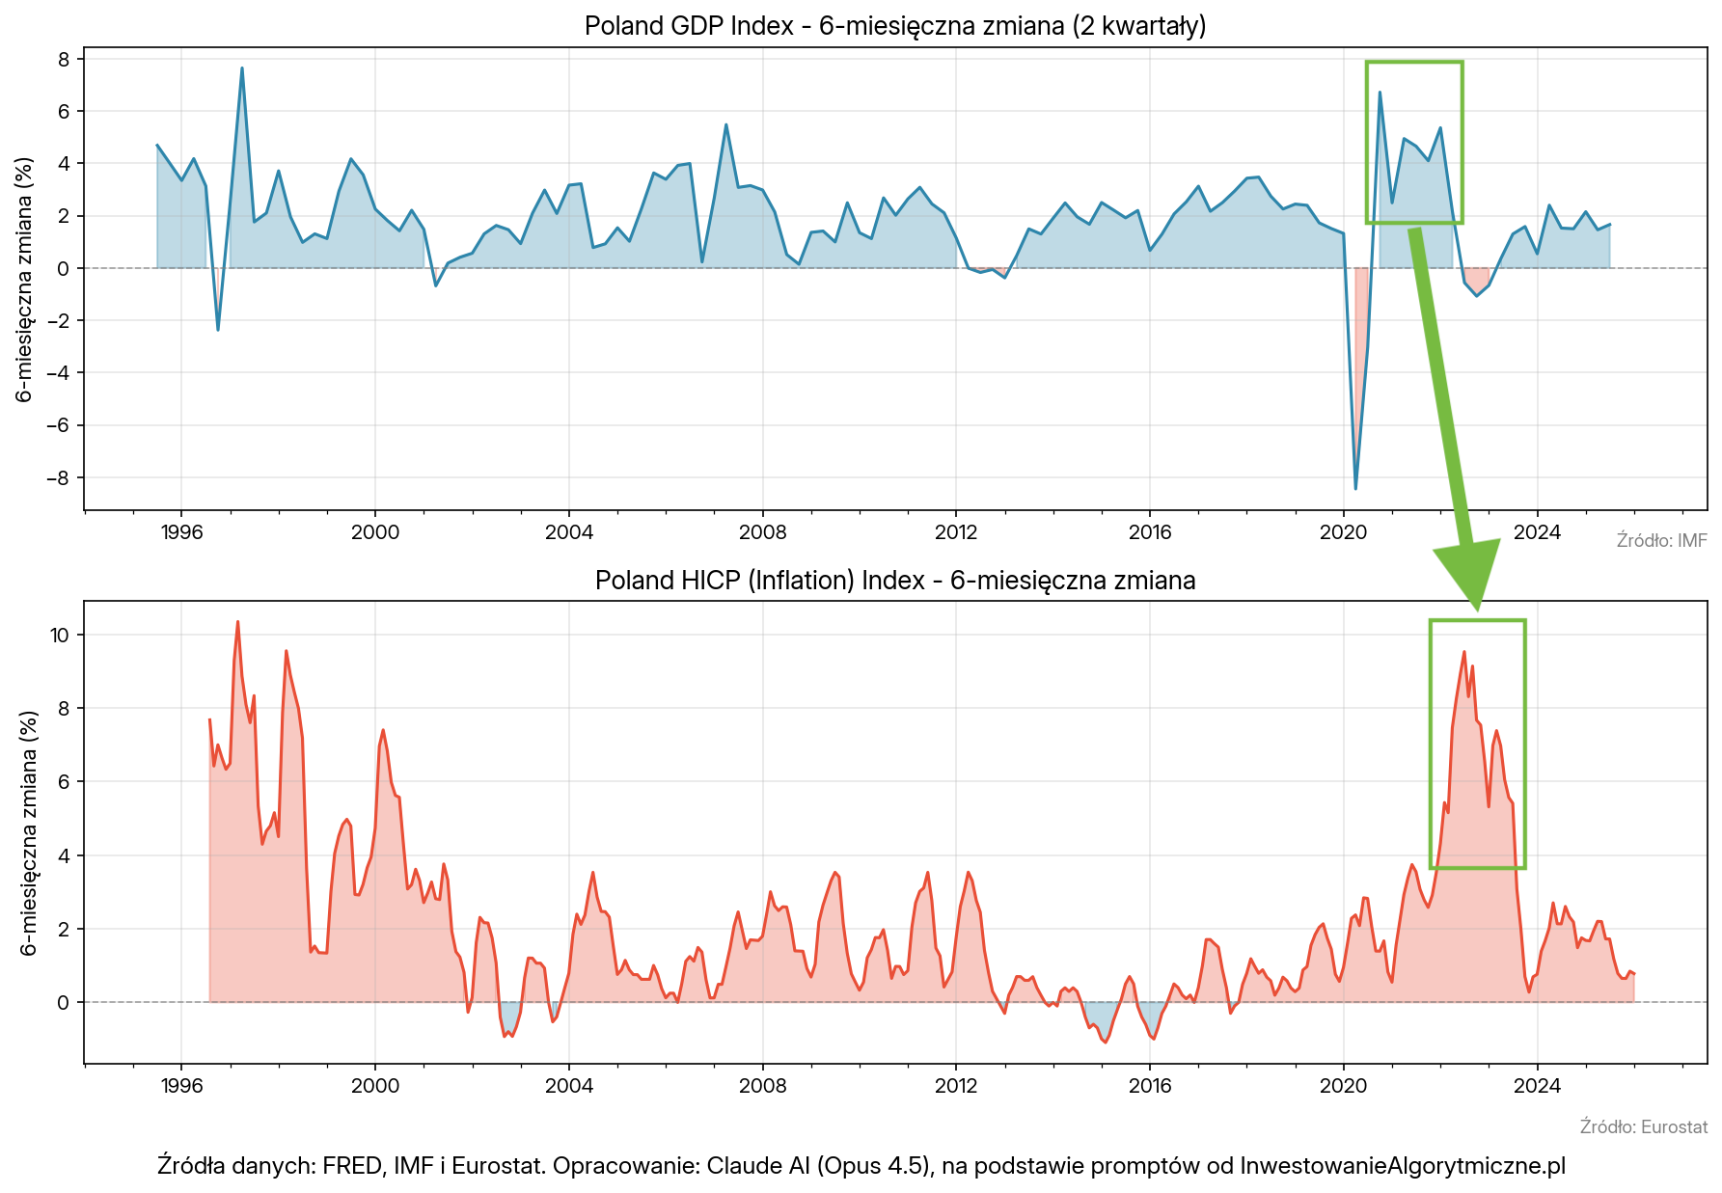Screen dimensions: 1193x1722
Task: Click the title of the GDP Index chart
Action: click(x=894, y=25)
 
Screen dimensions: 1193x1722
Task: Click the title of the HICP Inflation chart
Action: click(x=894, y=580)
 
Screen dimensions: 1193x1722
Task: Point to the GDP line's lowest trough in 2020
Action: click(x=1355, y=489)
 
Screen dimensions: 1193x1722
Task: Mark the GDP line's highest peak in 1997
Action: click(x=242, y=68)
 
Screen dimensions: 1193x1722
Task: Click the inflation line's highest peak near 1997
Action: click(x=237, y=622)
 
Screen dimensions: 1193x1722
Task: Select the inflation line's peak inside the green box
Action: click(x=1463, y=652)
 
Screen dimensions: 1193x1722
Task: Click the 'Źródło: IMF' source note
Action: click(x=1661, y=540)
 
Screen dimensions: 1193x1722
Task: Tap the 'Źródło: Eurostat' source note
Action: click(x=1643, y=1126)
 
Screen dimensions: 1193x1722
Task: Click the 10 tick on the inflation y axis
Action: click(x=60, y=635)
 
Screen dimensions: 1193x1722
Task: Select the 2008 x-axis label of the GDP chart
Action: click(x=762, y=532)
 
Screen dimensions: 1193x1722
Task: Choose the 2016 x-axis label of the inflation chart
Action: click(x=1150, y=1086)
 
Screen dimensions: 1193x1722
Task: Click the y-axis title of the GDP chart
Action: click(x=25, y=279)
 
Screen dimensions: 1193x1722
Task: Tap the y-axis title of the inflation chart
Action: click(x=29, y=833)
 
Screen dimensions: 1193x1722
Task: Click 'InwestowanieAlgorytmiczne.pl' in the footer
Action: click(x=1402, y=1165)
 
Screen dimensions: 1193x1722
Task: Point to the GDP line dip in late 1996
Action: click(x=218, y=330)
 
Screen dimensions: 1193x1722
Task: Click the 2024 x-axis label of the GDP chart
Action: click(x=1537, y=532)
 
